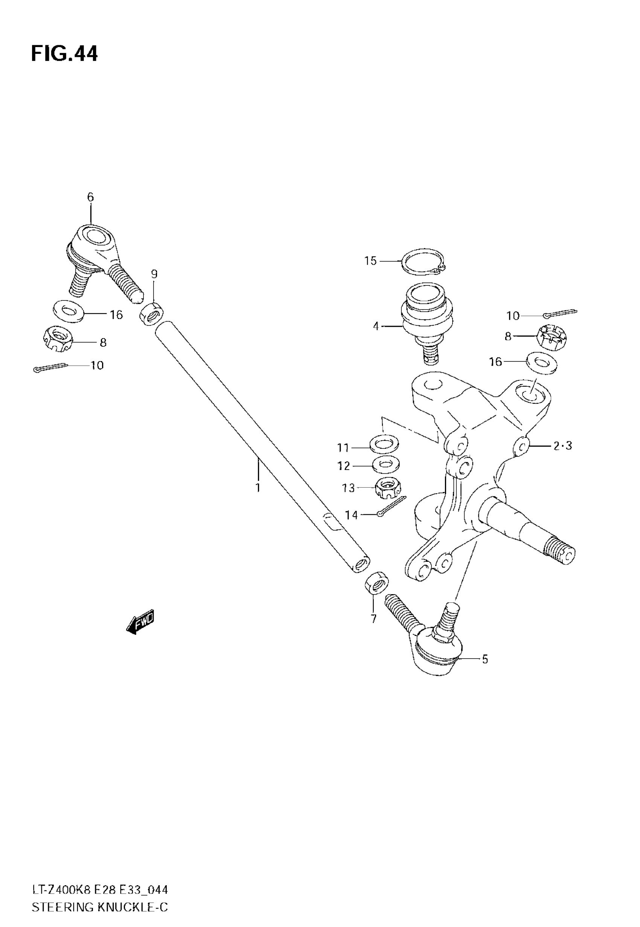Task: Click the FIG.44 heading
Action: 64,54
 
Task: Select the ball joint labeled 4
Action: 427,317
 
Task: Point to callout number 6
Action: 90,197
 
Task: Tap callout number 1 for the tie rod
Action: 258,488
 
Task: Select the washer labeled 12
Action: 386,464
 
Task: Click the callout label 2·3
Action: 562,445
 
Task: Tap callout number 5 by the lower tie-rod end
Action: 485,659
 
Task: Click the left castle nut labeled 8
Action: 57,339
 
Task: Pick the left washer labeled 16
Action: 69,310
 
